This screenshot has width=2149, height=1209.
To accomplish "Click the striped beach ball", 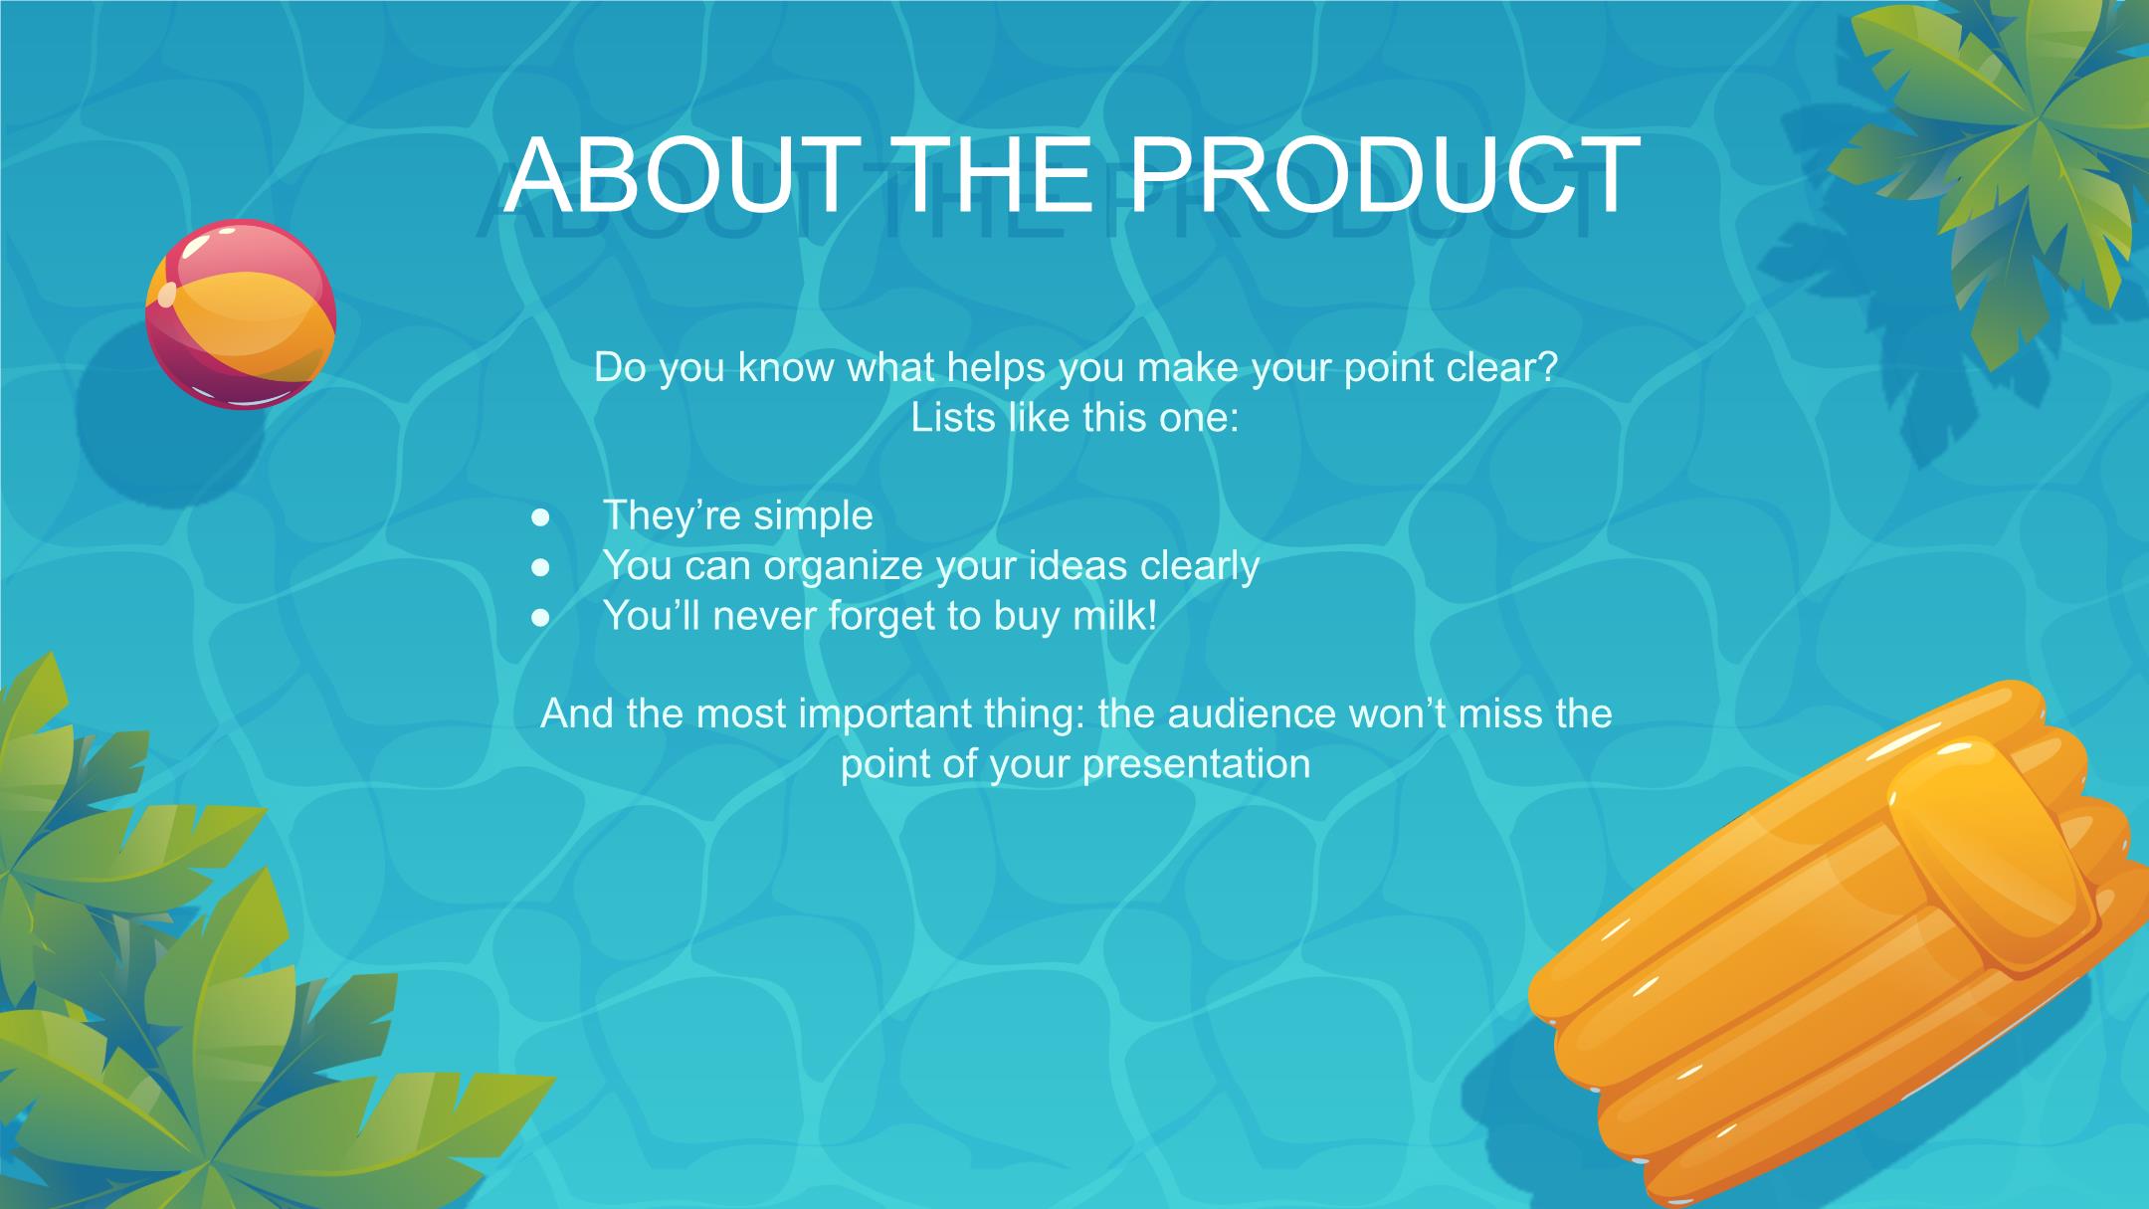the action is pyautogui.click(x=241, y=314).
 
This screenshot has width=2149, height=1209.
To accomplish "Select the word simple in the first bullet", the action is pyautogui.click(x=813, y=516).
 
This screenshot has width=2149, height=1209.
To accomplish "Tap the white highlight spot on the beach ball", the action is pyautogui.click(x=167, y=295).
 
